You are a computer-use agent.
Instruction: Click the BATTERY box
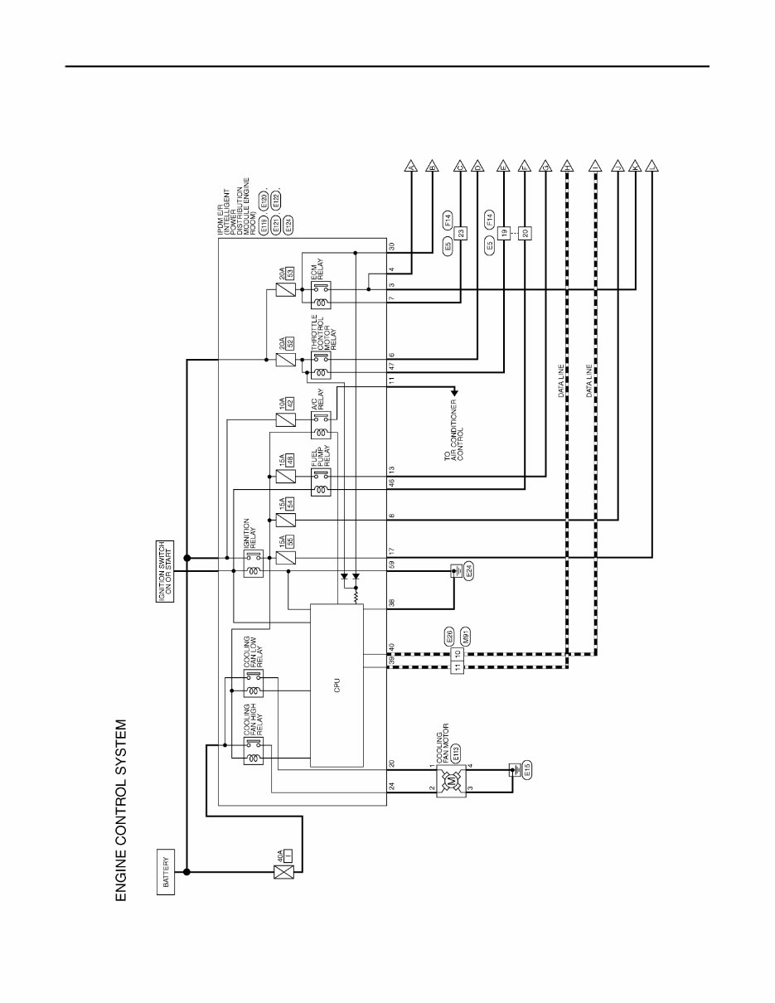click(x=166, y=872)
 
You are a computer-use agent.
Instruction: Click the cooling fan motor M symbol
click(x=453, y=782)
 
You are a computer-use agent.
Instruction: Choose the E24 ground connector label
click(x=469, y=573)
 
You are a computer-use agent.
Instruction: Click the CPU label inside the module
click(x=337, y=685)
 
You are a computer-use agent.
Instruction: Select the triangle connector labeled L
click(x=653, y=167)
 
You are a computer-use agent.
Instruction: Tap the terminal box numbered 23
click(x=461, y=232)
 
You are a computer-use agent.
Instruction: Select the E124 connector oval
click(x=288, y=223)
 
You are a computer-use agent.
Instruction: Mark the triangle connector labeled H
click(x=567, y=167)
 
